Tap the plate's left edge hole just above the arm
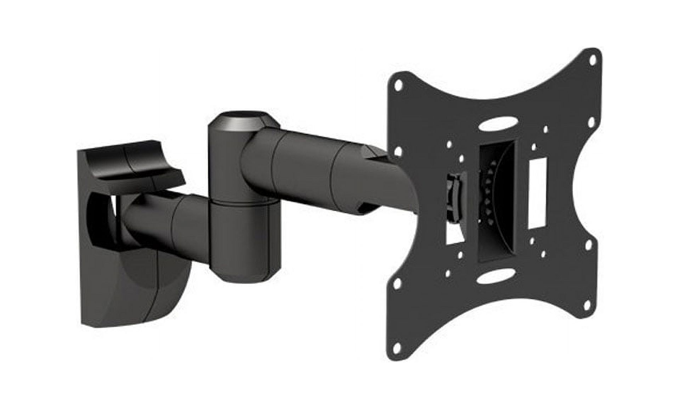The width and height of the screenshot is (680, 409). (399, 151)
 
